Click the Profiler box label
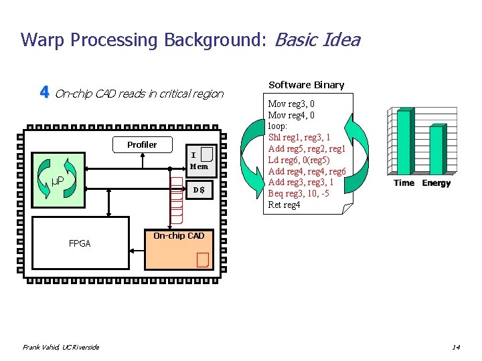(142, 144)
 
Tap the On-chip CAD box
(179, 250)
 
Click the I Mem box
(199, 161)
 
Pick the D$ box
(199, 191)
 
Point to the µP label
(58, 180)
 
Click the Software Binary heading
(306, 85)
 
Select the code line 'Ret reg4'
(284, 205)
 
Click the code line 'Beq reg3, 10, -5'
(298, 193)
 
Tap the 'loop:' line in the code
(277, 126)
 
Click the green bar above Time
(404, 142)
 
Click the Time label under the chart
(404, 183)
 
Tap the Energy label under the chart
(436, 183)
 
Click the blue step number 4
(44, 92)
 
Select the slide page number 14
(455, 347)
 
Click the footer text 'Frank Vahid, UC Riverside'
(61, 347)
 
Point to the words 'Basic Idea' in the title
(317, 40)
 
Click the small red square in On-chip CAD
(202, 259)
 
